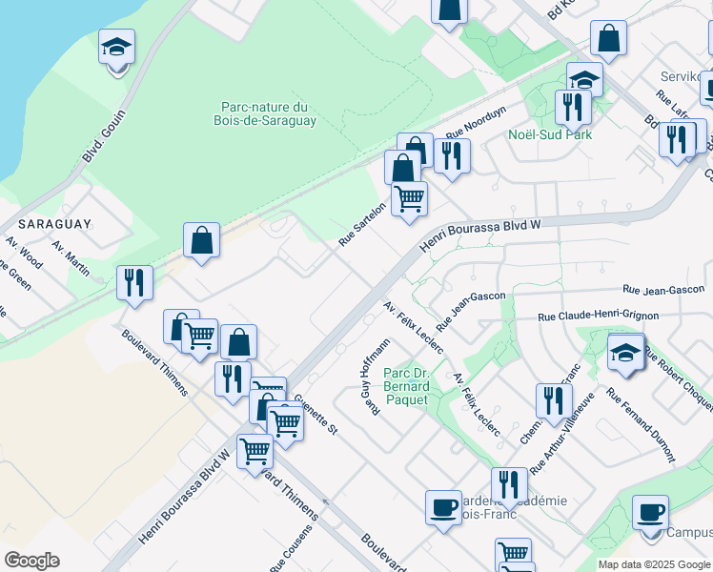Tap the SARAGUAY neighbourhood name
(52, 223)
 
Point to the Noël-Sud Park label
(550, 134)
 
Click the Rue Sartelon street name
(362, 224)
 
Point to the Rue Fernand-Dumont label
(641, 422)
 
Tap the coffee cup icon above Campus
(652, 512)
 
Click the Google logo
(31, 561)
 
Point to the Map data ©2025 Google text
(654, 564)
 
